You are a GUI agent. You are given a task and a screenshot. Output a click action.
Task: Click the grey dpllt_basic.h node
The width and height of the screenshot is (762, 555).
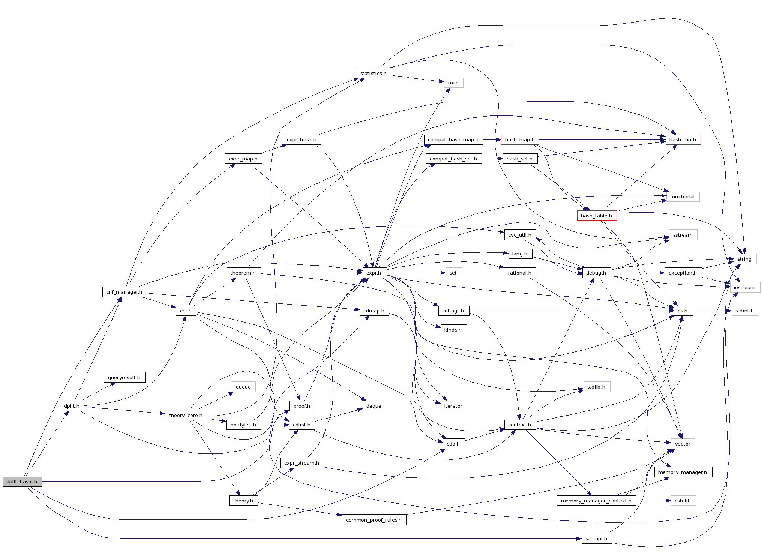pyautogui.click(x=22, y=481)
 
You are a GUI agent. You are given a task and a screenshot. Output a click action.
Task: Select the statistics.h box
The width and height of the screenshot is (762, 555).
pyautogui.click(x=373, y=73)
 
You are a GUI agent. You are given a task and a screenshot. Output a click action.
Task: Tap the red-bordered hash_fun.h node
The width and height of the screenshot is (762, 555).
pyautogui.click(x=682, y=140)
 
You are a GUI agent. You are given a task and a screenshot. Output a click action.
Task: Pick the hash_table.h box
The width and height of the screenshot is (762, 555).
pyautogui.click(x=596, y=216)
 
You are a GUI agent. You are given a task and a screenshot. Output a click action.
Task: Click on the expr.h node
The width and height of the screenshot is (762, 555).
pyautogui.click(x=374, y=273)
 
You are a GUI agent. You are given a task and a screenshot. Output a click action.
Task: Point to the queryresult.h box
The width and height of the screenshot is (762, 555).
pyautogui.click(x=124, y=378)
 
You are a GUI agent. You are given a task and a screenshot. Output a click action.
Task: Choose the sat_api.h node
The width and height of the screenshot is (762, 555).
pyautogui.click(x=596, y=539)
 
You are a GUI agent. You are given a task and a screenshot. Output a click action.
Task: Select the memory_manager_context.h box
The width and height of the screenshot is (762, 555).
pyautogui.click(x=596, y=501)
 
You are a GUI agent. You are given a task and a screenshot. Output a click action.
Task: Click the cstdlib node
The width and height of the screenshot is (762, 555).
pyautogui.click(x=682, y=501)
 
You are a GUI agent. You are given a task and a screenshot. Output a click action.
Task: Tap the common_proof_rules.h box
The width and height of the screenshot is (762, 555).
pyautogui.click(x=374, y=520)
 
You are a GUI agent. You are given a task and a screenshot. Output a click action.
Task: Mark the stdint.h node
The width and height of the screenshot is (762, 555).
pyautogui.click(x=744, y=311)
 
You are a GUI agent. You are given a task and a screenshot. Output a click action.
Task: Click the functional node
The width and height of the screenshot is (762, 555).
pyautogui.click(x=682, y=197)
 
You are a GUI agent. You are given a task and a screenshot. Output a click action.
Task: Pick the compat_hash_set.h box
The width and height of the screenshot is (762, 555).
pyautogui.click(x=453, y=159)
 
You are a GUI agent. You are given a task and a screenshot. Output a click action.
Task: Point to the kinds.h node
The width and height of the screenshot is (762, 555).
pyautogui.click(x=453, y=330)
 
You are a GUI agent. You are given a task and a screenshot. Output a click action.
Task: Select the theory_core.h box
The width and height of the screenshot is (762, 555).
pyautogui.click(x=186, y=415)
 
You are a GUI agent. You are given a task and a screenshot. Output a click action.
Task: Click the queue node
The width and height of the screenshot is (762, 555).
pyautogui.click(x=243, y=387)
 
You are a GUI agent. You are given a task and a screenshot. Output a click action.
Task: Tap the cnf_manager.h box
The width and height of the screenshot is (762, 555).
pyautogui.click(x=124, y=292)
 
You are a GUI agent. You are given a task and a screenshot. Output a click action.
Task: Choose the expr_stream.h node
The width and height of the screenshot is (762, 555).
pyautogui.click(x=302, y=463)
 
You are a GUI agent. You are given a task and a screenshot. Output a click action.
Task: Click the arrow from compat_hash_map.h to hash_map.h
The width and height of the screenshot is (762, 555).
pyautogui.click(x=492, y=140)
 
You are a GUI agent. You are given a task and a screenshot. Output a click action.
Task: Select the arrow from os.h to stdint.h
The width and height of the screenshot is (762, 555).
pyautogui.click(x=712, y=311)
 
